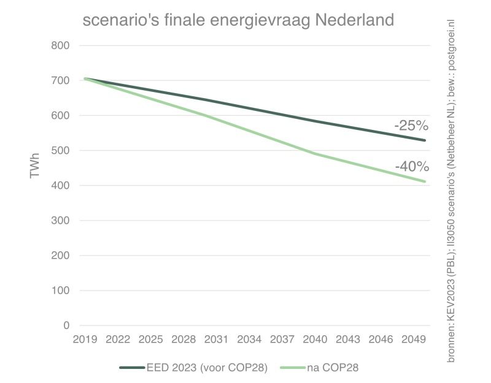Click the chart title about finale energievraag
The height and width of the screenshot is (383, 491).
(x=238, y=20)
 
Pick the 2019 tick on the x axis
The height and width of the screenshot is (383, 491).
(x=86, y=339)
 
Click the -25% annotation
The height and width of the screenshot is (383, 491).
(x=411, y=127)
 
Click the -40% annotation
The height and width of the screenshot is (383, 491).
(x=411, y=167)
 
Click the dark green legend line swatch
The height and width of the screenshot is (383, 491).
(x=132, y=367)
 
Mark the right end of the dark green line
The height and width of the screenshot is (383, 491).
(x=425, y=140)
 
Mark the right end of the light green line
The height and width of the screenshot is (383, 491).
(x=425, y=181)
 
